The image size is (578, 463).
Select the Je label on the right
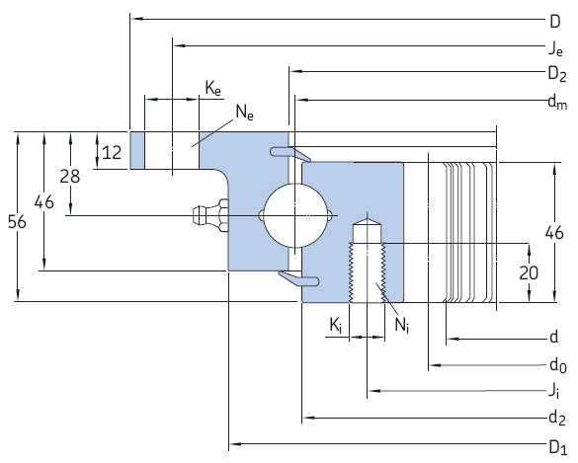556,46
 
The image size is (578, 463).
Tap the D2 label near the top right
556,73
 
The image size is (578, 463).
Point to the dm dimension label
556,100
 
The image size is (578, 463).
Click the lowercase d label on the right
554,338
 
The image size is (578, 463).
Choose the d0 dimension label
557,364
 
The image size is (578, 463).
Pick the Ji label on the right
556,391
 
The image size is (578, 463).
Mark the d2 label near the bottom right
557,418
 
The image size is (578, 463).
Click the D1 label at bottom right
557,444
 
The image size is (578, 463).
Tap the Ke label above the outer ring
213,89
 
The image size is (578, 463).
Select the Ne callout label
243,114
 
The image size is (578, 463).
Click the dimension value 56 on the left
17,222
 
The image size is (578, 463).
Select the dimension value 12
113,152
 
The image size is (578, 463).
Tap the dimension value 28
69,177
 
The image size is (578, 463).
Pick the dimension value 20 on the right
530,272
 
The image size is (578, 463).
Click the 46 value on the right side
554,233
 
